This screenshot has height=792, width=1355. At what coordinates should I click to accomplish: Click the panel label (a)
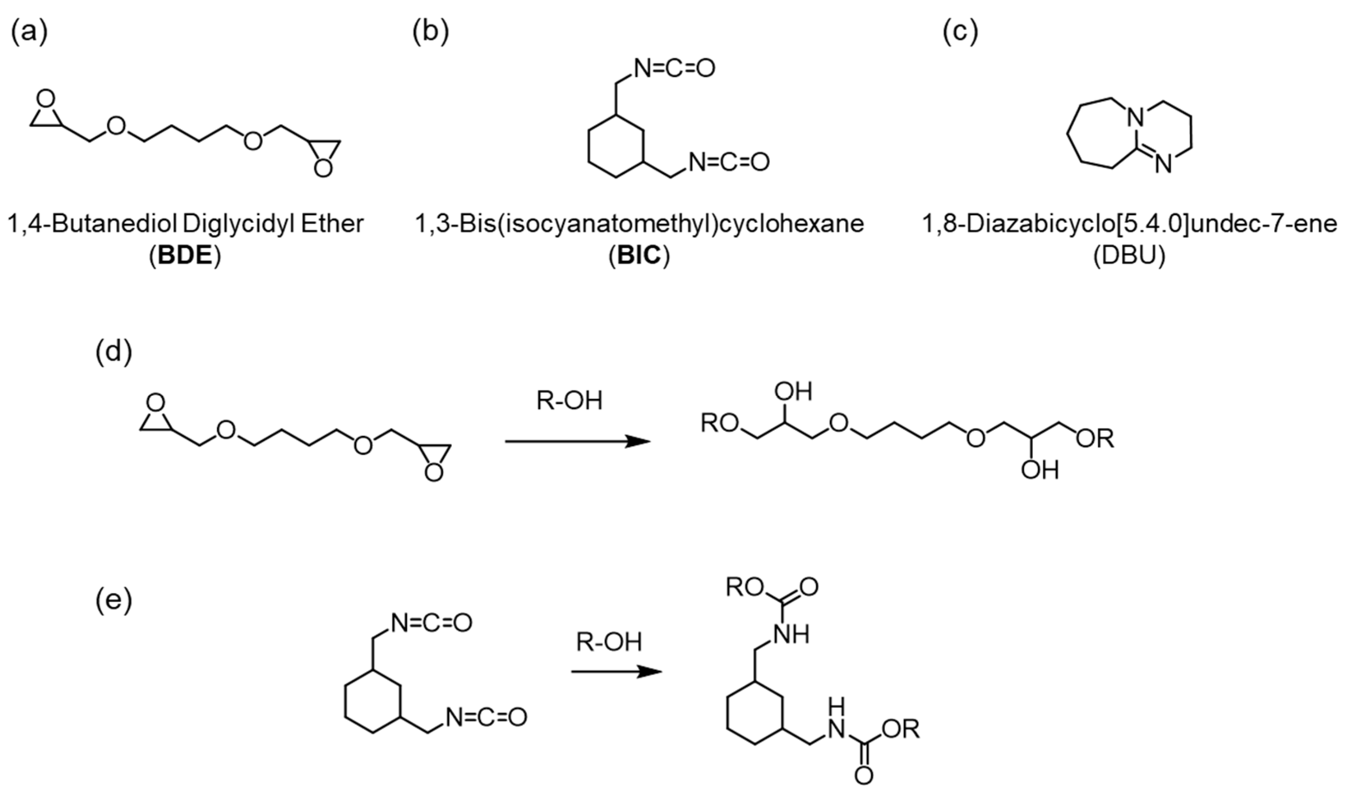point(30,34)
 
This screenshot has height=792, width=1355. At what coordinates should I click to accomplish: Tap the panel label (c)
point(961,34)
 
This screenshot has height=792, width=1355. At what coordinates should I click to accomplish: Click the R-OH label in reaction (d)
point(569,402)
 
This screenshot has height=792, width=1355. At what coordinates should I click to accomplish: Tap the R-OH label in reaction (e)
point(609,642)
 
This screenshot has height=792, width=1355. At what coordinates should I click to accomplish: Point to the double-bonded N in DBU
point(1163,163)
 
